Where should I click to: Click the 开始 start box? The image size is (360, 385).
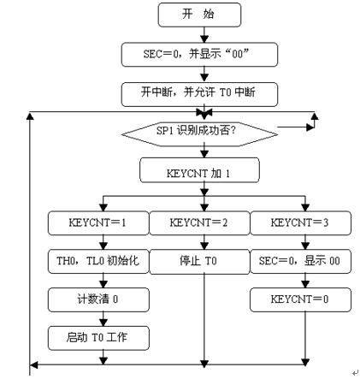(199, 15)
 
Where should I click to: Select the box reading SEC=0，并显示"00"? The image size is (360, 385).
(199, 55)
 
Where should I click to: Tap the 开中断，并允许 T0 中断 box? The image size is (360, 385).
(199, 94)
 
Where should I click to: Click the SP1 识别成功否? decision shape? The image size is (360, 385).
(199, 134)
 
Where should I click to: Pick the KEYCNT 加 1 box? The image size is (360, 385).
(199, 170)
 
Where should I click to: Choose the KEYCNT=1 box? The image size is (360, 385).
(98, 223)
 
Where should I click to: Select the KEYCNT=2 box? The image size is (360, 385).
(199, 223)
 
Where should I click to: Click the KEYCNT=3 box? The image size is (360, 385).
(300, 223)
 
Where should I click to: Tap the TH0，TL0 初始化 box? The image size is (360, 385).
(98, 262)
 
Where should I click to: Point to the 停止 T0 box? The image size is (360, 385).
(199, 262)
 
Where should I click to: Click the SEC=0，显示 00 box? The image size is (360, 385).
(300, 262)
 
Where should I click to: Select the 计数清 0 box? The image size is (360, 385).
(98, 299)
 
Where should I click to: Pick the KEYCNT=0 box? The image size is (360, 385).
(300, 299)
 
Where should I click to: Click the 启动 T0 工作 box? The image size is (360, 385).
(98, 338)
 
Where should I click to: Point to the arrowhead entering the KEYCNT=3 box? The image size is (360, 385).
(305, 208)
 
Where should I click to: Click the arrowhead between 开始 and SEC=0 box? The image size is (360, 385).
(204, 38)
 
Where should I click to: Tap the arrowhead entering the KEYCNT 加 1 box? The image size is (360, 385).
(204, 154)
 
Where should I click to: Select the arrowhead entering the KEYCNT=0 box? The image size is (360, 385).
(305, 284)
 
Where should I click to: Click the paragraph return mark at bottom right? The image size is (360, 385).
(355, 373)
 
